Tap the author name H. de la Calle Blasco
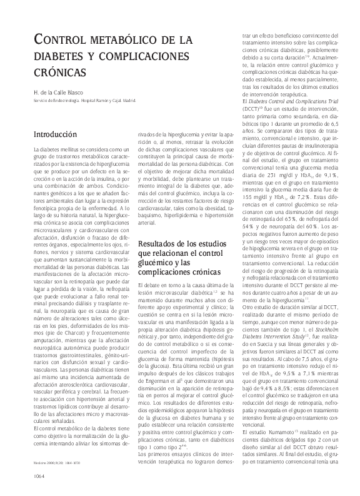pyautogui.click(x=61, y=92)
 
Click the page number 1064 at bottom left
pyautogui.click(x=34, y=476)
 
